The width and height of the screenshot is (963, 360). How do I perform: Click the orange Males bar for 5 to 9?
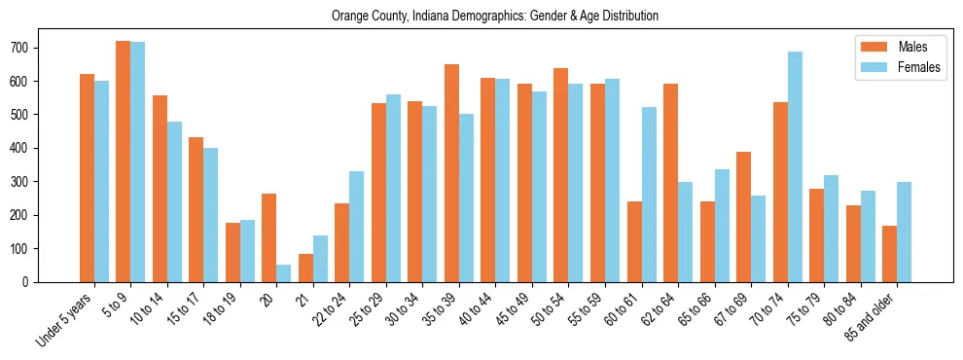124,162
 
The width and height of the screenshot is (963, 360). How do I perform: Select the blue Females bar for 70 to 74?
795,166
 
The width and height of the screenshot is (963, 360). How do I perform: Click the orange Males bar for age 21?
305,268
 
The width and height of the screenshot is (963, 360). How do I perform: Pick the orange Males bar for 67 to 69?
743,217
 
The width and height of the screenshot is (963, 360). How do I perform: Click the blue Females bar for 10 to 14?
174,201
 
